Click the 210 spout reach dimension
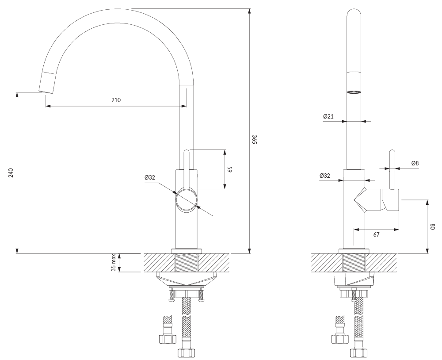click(115, 100)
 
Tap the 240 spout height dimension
click(11, 172)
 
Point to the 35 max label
click(114, 263)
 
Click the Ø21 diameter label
click(328, 116)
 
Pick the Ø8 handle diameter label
click(415, 163)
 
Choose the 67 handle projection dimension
click(376, 235)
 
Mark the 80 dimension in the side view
click(433, 226)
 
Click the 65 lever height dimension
click(230, 169)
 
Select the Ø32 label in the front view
click(149, 177)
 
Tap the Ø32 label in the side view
click(325, 176)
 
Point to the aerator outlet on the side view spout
click(354, 92)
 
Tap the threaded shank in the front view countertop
click(187, 263)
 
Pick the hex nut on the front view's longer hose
click(186, 352)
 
